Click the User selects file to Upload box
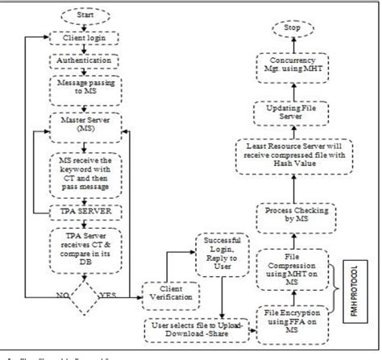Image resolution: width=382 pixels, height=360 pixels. (193, 329)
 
